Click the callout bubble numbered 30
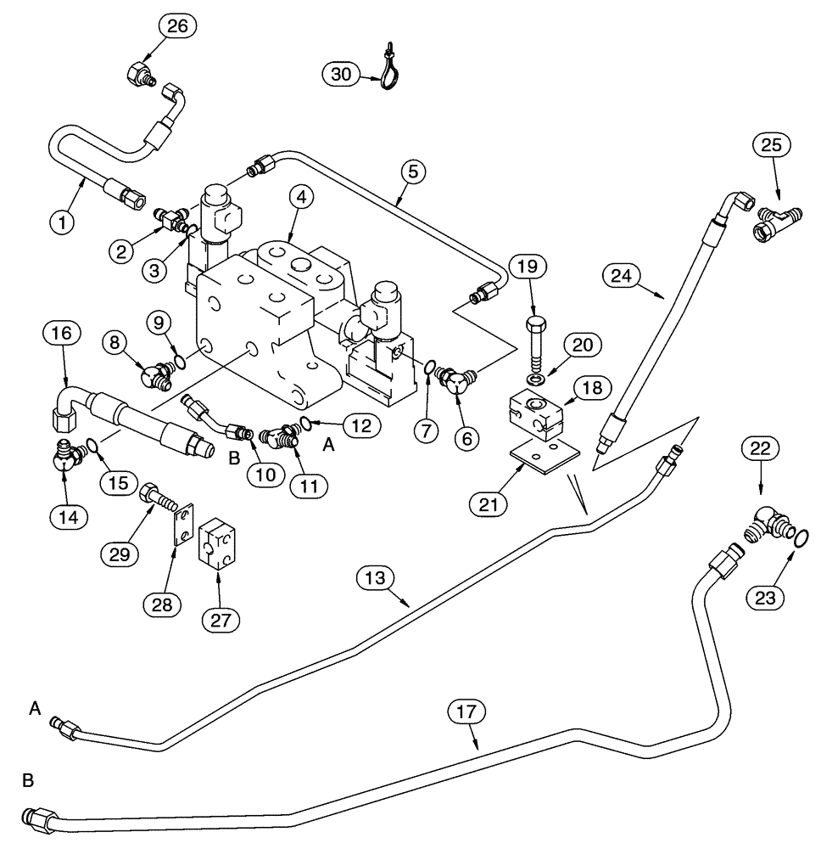[340, 75]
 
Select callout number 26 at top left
[176, 26]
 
